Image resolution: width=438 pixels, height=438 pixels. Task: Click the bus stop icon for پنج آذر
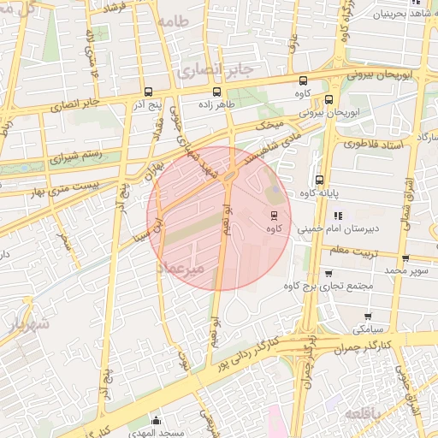coord(149,92)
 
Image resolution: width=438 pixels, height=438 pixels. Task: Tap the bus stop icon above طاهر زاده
coord(216,92)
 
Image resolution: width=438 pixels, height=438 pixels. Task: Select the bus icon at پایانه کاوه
coord(319,180)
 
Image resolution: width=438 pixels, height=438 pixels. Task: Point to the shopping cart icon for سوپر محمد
coord(405,257)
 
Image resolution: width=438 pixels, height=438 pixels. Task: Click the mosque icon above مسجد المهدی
coord(156,420)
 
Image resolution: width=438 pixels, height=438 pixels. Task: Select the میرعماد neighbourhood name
coord(182,269)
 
